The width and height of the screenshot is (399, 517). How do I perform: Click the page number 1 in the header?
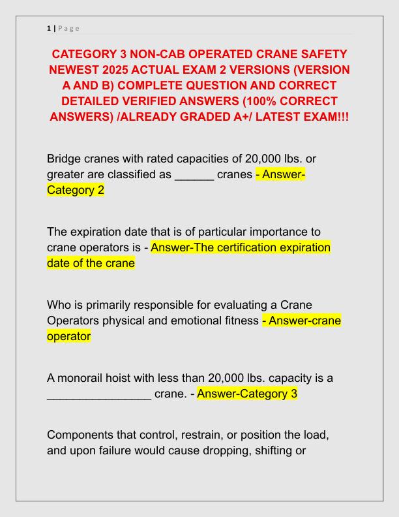point(49,28)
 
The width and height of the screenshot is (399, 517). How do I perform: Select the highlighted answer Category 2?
point(76,191)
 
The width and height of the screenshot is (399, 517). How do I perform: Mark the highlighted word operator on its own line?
point(68,336)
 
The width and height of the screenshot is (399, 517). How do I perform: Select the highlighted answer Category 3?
point(247,394)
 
